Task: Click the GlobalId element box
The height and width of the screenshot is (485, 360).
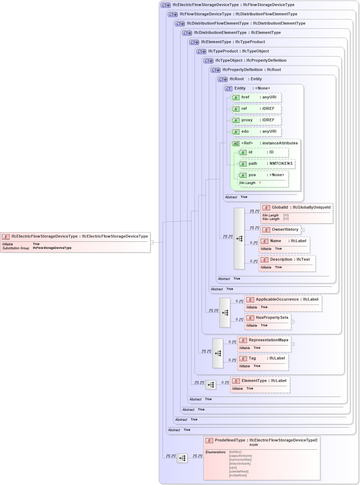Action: [x=297, y=213]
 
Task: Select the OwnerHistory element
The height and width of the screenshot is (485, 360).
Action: [x=281, y=230]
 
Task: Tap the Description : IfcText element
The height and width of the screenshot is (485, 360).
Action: [x=287, y=263]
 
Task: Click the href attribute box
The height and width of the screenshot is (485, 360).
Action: [x=256, y=97]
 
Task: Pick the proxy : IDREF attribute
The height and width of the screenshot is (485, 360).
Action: [x=256, y=120]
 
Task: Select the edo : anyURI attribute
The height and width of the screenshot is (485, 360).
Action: [x=256, y=132]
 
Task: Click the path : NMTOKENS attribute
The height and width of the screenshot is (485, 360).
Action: [x=266, y=164]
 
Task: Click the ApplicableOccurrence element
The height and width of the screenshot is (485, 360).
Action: [x=283, y=303]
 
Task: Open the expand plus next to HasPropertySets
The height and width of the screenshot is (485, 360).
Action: [x=293, y=322]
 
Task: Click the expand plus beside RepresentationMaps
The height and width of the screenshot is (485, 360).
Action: [x=293, y=344]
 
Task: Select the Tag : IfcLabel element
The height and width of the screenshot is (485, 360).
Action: [x=263, y=362]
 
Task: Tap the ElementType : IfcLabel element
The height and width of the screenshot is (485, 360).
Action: [x=260, y=384]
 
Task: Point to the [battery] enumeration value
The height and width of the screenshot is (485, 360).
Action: [x=235, y=452]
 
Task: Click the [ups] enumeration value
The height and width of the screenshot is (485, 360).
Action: [x=233, y=468]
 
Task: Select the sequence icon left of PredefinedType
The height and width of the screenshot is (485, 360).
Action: [x=182, y=458]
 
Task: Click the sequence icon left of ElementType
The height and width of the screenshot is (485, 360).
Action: [x=211, y=385]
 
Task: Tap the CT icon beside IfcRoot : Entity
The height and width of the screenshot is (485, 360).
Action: [x=223, y=80]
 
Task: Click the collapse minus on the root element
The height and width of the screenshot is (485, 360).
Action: [x=152, y=242]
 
